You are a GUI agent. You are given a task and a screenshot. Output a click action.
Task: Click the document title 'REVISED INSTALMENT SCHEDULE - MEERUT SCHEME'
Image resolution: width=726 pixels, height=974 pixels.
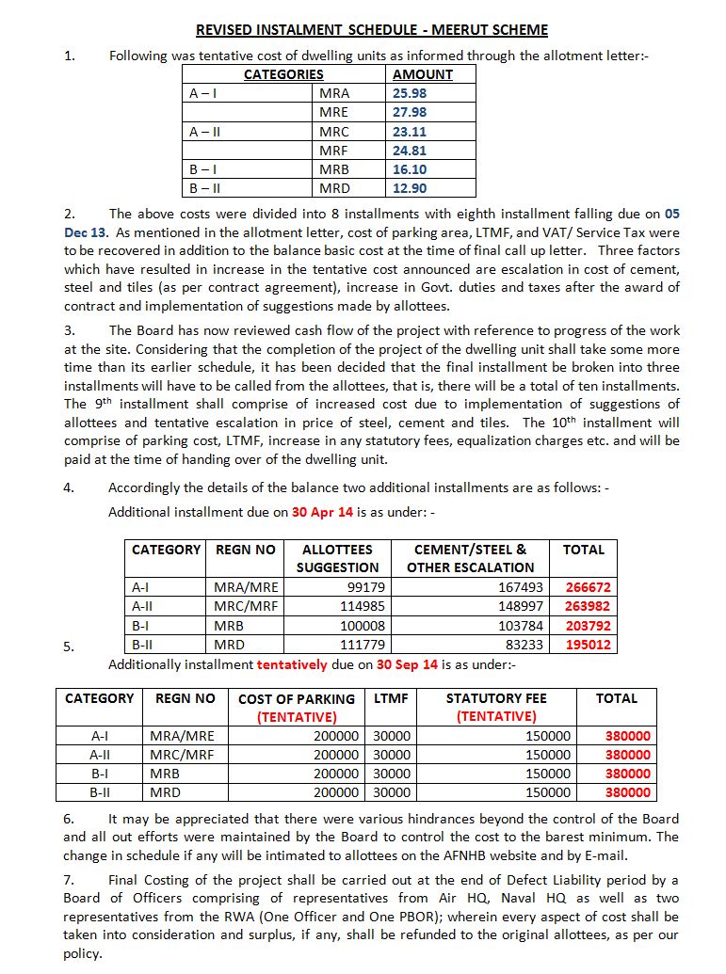371,30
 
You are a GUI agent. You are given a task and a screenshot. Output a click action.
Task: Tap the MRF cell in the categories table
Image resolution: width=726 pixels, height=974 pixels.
333,150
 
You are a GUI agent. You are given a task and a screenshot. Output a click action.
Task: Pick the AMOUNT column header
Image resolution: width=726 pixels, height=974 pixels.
422,74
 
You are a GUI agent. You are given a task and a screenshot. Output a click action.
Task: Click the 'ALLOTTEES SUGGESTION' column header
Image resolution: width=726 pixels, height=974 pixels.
337,558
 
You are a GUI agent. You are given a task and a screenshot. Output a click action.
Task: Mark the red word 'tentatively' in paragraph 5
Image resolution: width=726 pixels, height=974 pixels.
291,664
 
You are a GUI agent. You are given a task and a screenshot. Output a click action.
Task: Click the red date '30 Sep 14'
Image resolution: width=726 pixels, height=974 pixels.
407,664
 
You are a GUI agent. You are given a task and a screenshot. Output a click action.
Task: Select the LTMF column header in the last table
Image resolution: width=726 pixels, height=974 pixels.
391,698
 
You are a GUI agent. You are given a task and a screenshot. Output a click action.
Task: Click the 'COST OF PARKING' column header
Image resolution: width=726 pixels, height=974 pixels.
297,699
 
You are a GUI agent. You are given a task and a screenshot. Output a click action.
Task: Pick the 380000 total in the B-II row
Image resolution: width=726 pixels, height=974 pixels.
627,792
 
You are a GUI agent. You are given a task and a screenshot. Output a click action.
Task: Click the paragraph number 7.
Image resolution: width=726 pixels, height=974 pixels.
68,881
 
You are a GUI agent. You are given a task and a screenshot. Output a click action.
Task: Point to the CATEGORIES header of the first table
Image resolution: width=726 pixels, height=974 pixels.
283,74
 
